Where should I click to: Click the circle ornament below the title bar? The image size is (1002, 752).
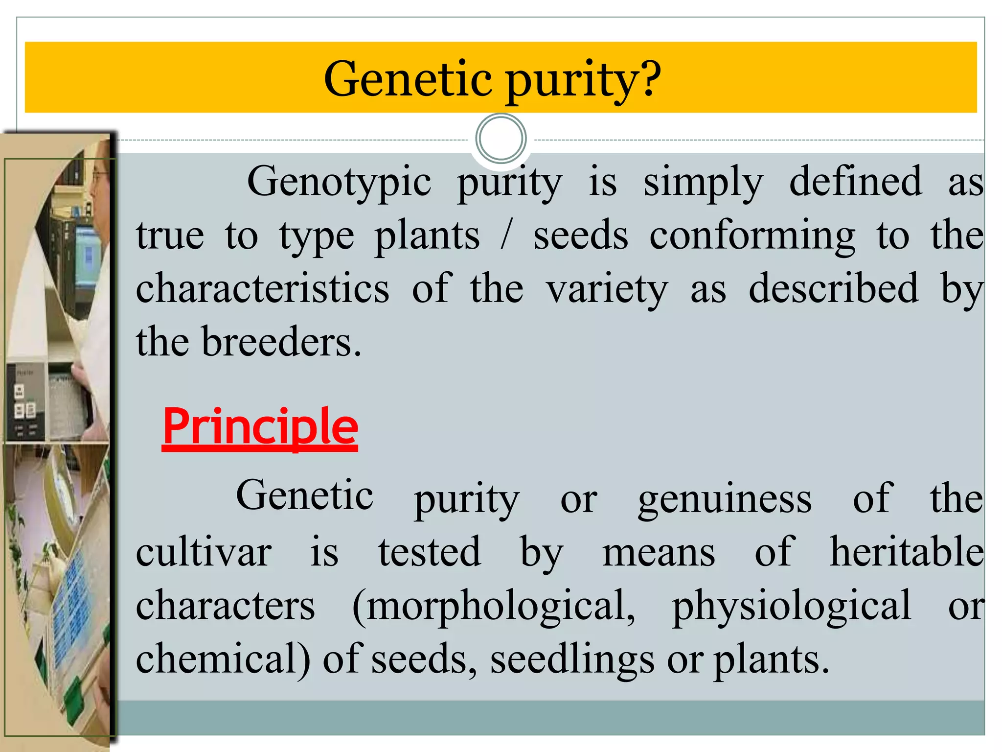501,139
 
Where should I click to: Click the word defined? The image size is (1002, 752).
855,181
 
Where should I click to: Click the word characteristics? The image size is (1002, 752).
263,289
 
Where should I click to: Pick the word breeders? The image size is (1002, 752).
281,342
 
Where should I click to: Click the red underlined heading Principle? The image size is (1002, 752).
260,427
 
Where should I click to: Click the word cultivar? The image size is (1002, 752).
204,552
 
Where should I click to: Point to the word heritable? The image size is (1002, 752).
906,552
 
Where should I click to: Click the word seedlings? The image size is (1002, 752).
571,660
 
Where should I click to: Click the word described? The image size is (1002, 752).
833,289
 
